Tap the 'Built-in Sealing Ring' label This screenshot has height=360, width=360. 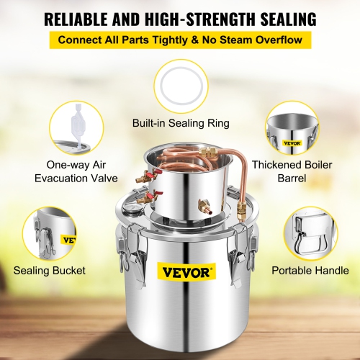(180, 123)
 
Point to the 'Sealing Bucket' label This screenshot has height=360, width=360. (49, 271)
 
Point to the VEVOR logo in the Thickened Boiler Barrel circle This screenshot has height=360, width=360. (292, 143)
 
